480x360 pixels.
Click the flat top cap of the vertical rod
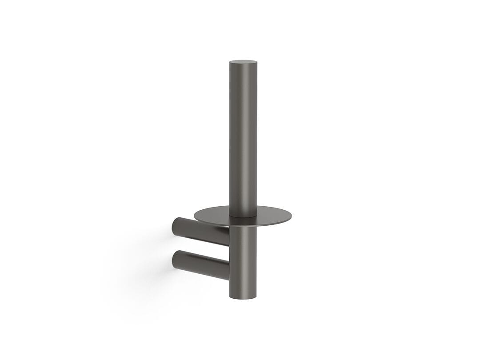243,62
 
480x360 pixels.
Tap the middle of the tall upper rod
243,138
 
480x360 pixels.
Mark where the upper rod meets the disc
243,216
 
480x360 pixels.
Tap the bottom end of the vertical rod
243,297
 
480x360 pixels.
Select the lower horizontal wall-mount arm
202,264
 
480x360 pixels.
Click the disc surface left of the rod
213,216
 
